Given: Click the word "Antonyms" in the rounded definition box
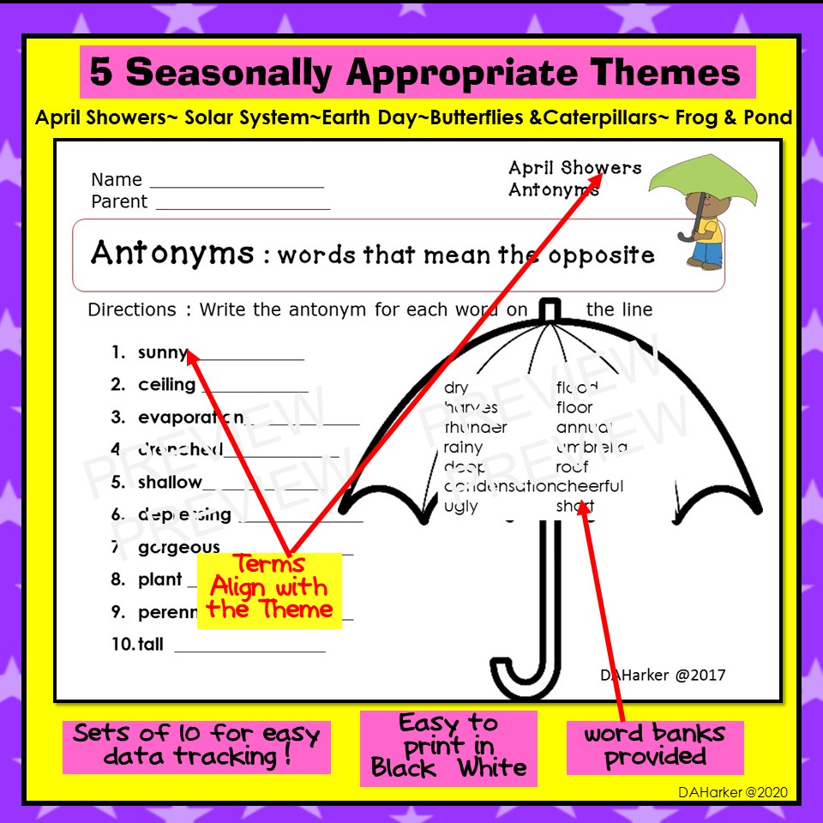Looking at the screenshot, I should pyautogui.click(x=172, y=254).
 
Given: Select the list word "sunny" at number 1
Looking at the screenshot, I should pyautogui.click(x=162, y=352).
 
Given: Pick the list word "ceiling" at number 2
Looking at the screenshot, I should pyautogui.click(x=166, y=385).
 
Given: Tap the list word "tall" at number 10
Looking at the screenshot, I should pyautogui.click(x=150, y=644).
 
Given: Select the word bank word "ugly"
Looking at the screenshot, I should pyautogui.click(x=460, y=507).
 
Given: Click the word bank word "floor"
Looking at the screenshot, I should pyautogui.click(x=574, y=408).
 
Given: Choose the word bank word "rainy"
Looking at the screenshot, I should pyautogui.click(x=463, y=448).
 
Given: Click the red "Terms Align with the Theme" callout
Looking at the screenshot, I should pyautogui.click(x=269, y=588).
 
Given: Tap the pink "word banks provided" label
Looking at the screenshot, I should pyautogui.click(x=654, y=746).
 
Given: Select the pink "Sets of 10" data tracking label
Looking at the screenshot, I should pyautogui.click(x=196, y=746).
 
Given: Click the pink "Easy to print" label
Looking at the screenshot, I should pyautogui.click(x=448, y=747).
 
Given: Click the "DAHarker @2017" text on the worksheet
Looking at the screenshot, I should pyautogui.click(x=662, y=675).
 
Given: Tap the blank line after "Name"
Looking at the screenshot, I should pyautogui.click(x=237, y=183).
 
